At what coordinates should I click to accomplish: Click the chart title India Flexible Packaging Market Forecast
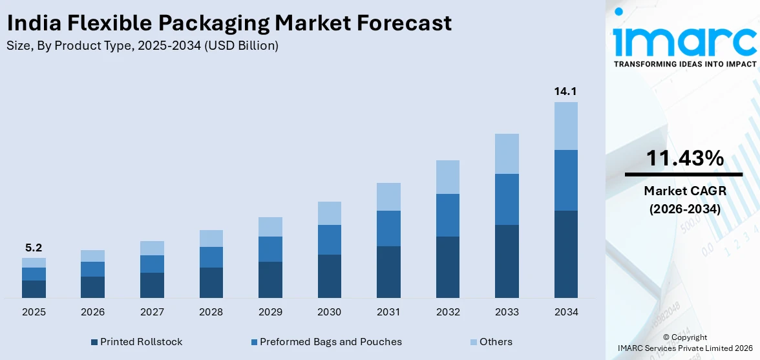[229, 23]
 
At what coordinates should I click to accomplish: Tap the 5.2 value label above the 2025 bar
[34, 248]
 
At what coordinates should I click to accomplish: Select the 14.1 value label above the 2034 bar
[565, 91]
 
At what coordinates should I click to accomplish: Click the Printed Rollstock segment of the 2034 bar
[565, 254]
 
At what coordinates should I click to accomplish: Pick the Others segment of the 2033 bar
[507, 154]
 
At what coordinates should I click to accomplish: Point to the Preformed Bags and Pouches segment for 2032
[448, 215]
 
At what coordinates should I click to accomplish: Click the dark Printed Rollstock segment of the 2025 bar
[34, 289]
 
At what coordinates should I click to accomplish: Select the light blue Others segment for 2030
[329, 213]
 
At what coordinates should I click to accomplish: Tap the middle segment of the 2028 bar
[211, 257]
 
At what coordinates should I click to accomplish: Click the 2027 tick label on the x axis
[152, 312]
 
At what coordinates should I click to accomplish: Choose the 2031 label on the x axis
[388, 312]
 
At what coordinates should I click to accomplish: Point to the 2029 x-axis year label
[270, 312]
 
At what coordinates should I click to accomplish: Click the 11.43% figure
[684, 158]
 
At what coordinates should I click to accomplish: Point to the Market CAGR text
[684, 191]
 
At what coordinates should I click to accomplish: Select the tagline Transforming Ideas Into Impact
[684, 65]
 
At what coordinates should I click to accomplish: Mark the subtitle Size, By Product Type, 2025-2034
[143, 46]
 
